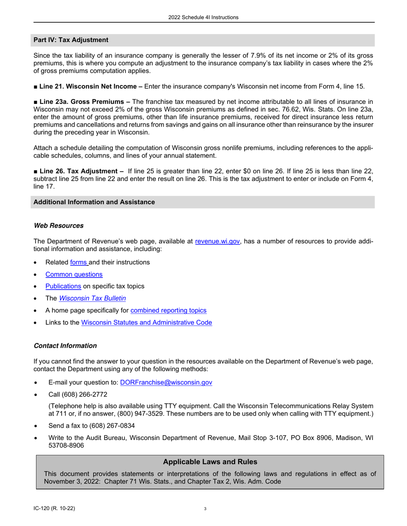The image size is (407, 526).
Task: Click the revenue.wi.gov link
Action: (x=217, y=241)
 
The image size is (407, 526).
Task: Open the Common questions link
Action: (x=74, y=274)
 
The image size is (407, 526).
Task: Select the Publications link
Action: (x=63, y=286)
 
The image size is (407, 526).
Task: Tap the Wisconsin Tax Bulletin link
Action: (x=92, y=298)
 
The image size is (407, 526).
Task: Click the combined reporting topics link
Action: (x=168, y=310)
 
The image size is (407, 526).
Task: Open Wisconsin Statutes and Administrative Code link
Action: (x=147, y=322)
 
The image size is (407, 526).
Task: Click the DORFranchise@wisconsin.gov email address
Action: (x=166, y=382)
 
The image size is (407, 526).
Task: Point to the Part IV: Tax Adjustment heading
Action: (x=71, y=40)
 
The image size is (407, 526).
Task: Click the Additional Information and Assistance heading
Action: (x=94, y=202)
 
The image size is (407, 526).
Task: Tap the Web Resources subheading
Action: (x=58, y=225)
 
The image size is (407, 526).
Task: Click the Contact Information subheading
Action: (x=65, y=346)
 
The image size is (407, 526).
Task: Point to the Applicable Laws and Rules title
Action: (x=210, y=461)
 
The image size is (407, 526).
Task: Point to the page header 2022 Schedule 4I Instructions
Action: (x=203, y=18)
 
